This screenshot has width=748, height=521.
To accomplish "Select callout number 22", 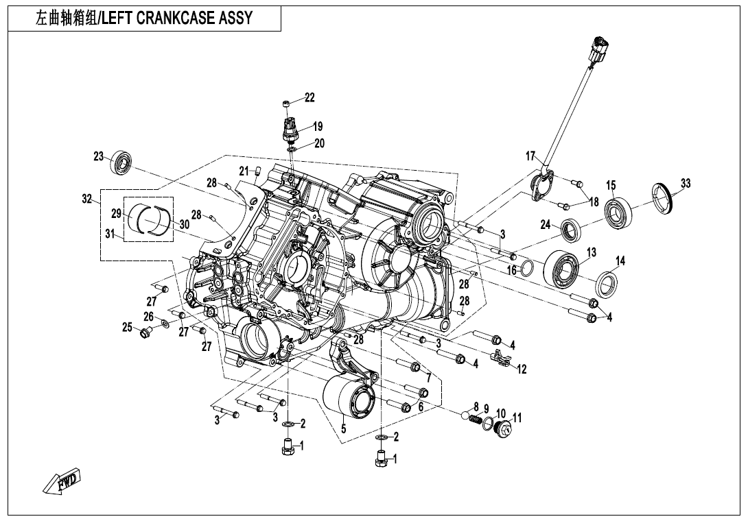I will click(x=309, y=98).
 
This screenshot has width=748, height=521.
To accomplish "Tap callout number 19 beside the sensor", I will click(x=318, y=126).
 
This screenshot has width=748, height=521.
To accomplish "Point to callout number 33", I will click(x=686, y=183).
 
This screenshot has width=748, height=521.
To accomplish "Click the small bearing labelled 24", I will click(x=571, y=230).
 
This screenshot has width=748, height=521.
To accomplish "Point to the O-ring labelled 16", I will click(x=526, y=268).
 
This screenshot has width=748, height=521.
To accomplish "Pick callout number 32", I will click(x=86, y=199).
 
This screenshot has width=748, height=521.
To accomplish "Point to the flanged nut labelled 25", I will click(x=145, y=333).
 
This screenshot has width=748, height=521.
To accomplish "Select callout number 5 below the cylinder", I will click(x=344, y=429).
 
